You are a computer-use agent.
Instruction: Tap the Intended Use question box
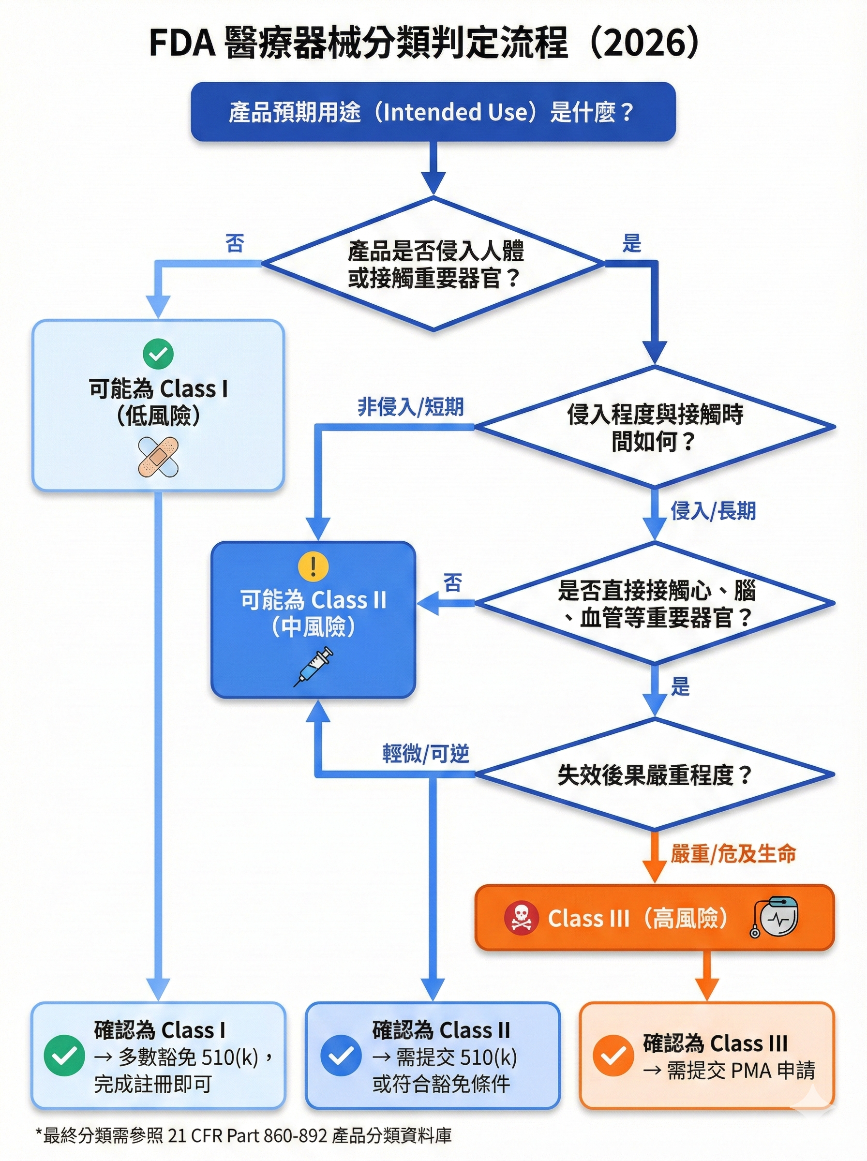click(x=433, y=112)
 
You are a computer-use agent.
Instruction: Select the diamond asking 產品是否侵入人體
click(x=433, y=264)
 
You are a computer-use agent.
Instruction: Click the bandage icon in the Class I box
click(x=158, y=457)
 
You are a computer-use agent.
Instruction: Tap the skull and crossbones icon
click(x=521, y=918)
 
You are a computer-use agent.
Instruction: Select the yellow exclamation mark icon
click(x=314, y=566)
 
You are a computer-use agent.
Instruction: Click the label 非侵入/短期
click(x=410, y=406)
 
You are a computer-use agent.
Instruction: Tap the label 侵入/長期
click(x=713, y=510)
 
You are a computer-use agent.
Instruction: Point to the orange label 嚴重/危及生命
click(x=732, y=853)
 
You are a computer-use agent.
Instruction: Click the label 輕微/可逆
click(x=425, y=754)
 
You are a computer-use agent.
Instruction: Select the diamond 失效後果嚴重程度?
click(x=655, y=775)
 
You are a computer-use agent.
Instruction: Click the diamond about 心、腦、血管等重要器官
click(x=655, y=604)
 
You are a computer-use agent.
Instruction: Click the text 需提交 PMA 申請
click(x=730, y=1070)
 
